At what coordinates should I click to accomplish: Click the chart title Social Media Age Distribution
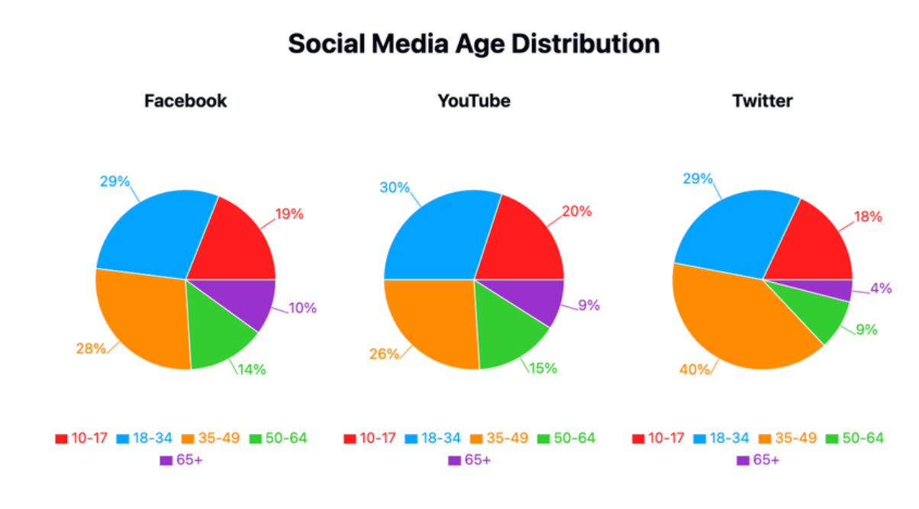click(x=474, y=43)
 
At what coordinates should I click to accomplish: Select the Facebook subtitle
click(x=185, y=101)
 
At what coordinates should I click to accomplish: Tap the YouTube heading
click(x=474, y=101)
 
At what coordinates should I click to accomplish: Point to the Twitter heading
click(x=763, y=101)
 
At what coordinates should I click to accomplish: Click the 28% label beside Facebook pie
click(x=91, y=349)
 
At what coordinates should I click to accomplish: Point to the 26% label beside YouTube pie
click(x=384, y=353)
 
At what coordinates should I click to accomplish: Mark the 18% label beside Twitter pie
click(x=868, y=217)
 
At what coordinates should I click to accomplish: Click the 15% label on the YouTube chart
click(x=543, y=369)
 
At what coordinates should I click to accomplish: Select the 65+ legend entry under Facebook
click(x=181, y=460)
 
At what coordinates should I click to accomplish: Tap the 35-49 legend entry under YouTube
click(x=499, y=438)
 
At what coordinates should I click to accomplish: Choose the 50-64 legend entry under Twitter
click(x=855, y=438)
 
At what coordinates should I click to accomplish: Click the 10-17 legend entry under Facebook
click(x=81, y=438)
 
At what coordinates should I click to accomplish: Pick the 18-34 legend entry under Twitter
click(x=721, y=438)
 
